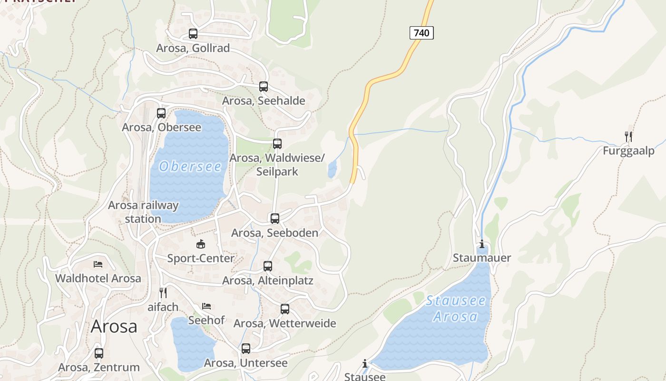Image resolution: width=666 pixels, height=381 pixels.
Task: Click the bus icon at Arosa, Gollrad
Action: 193,34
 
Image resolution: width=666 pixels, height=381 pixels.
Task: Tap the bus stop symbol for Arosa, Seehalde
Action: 264,87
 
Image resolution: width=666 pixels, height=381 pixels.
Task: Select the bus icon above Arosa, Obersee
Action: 161,113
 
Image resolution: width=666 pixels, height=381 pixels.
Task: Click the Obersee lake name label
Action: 190,166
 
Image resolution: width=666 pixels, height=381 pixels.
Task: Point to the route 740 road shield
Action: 421,33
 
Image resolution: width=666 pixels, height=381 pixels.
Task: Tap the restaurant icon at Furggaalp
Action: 628,137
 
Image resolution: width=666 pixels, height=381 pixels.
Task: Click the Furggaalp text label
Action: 628,151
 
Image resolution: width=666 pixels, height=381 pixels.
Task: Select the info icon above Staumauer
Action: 482,244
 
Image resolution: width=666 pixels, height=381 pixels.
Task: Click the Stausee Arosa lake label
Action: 456,308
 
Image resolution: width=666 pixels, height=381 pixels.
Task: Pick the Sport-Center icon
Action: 201,244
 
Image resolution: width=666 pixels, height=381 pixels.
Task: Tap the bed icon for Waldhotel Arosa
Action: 98,264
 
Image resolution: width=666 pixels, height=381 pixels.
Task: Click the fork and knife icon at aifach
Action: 163,292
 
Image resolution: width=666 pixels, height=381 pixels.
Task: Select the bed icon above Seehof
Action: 206,306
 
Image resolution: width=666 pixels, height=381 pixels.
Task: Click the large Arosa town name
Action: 114,326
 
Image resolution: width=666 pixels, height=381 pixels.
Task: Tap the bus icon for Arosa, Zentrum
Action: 99,353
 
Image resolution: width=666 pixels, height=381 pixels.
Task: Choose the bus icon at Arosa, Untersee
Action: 246,349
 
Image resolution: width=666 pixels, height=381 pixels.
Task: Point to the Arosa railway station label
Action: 143,212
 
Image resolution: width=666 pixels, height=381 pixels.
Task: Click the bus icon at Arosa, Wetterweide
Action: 285,309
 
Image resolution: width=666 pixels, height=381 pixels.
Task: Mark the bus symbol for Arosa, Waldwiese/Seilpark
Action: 277,144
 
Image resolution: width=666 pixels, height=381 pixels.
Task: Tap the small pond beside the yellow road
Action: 332,169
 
